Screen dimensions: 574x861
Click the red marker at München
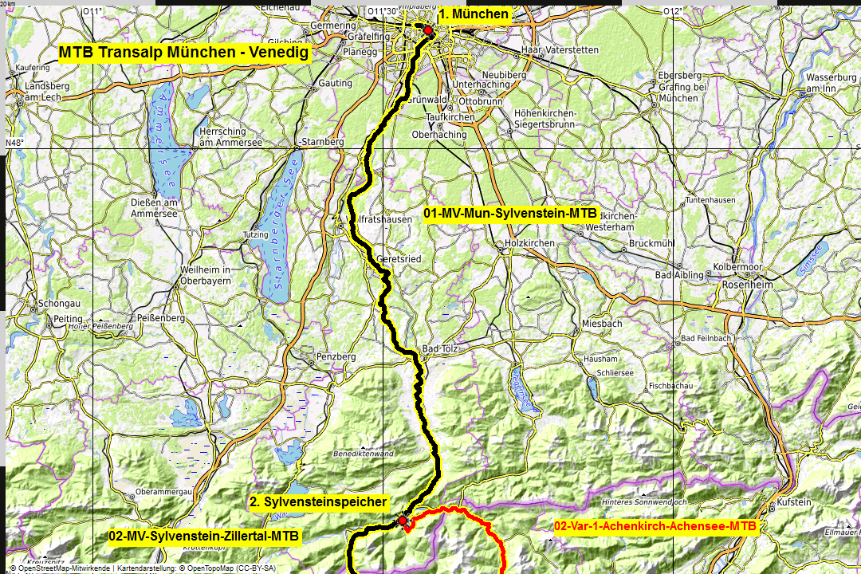pyautogui.click(x=427, y=30)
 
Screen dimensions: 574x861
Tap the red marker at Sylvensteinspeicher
pyautogui.click(x=403, y=521)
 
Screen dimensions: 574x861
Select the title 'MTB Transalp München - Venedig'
pyautogui.click(x=183, y=53)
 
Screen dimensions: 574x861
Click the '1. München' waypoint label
pyautogui.click(x=474, y=14)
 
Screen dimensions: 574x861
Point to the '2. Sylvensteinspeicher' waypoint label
pyautogui.click(x=318, y=502)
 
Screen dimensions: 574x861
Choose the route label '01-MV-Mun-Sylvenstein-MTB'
pyautogui.click(x=510, y=214)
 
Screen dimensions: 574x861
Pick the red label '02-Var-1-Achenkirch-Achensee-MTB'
pyautogui.click(x=655, y=526)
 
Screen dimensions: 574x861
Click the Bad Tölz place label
pyautogui.click(x=441, y=349)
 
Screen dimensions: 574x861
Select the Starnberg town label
pyautogui.click(x=324, y=142)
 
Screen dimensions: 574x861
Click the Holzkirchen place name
pyautogui.click(x=529, y=241)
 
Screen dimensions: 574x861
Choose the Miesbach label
pyautogui.click(x=601, y=324)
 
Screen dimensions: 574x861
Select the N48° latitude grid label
pyautogui.click(x=15, y=143)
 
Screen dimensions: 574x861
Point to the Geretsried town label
pyautogui.click(x=387, y=259)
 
